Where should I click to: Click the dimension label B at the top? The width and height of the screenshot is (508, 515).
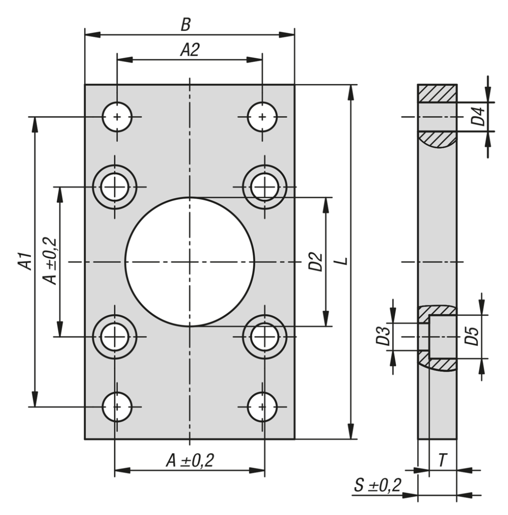185,25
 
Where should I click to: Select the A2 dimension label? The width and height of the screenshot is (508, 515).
190,50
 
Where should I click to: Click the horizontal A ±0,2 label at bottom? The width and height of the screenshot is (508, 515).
190,461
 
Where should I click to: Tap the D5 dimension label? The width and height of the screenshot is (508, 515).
472,337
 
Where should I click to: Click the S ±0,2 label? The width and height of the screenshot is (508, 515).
378,486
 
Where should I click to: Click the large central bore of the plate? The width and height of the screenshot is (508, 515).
190,261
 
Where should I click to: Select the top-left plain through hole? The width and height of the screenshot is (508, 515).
117,116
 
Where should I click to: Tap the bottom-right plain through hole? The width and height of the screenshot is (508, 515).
262,406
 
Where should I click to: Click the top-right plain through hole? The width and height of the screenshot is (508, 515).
262,116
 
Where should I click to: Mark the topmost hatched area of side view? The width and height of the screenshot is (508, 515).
437,93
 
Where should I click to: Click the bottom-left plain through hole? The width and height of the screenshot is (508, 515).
117,406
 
